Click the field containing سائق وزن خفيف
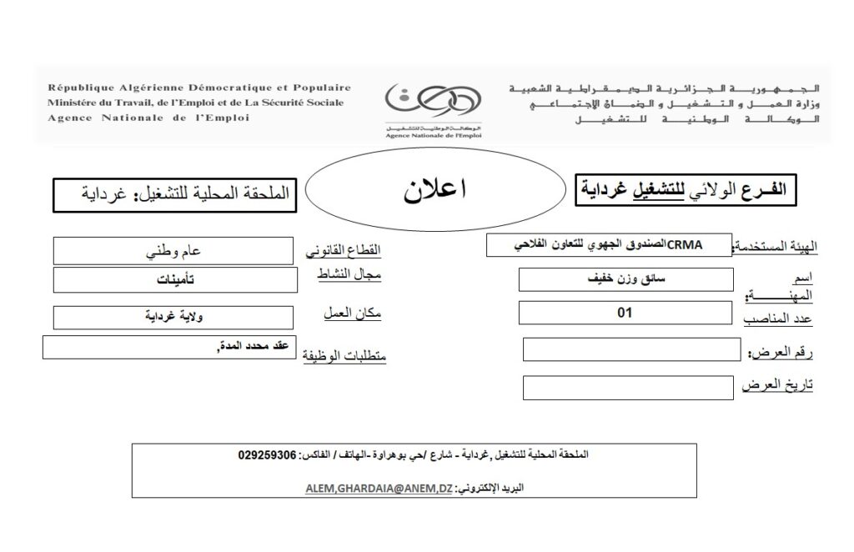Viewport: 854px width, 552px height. point(625,279)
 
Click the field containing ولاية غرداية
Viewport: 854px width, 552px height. point(173,317)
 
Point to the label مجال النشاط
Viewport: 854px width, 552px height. point(346,275)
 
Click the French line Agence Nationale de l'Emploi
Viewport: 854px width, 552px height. point(148,118)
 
